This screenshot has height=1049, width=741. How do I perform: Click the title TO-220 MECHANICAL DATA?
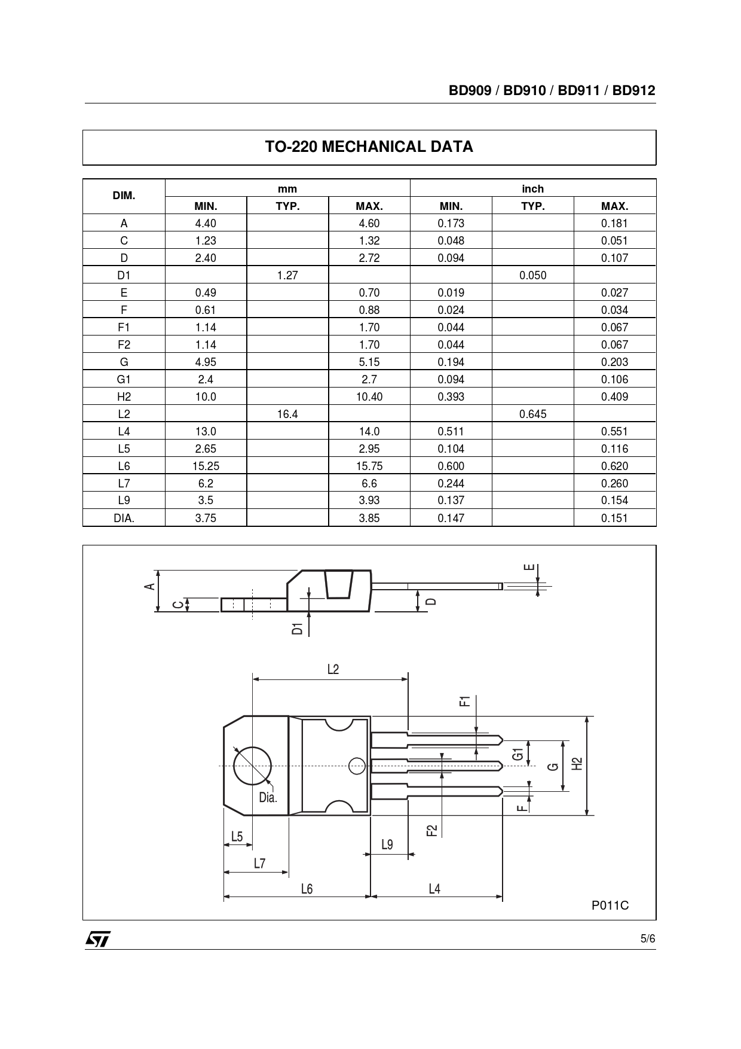pyautogui.click(x=369, y=147)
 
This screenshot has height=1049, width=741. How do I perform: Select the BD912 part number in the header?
pyautogui.click(x=633, y=91)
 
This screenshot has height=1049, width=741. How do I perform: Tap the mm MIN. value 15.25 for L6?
pyautogui.click(x=206, y=466)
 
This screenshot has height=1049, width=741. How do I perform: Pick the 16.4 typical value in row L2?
pyautogui.click(x=287, y=414)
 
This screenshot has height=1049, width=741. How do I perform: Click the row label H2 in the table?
pyautogui.click(x=124, y=397)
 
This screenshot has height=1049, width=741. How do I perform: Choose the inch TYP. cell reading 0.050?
pyautogui.click(x=532, y=275)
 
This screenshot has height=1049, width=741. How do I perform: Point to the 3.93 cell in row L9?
pyautogui.click(x=369, y=501)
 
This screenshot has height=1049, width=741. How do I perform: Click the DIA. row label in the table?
pyautogui.click(x=124, y=518)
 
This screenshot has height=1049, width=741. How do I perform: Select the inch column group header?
pyautogui.click(x=532, y=189)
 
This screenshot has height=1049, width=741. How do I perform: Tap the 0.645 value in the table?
pyautogui.click(x=532, y=414)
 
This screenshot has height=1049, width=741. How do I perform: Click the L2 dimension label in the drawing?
pyautogui.click(x=333, y=669)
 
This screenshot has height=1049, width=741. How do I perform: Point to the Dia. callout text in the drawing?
pyautogui.click(x=268, y=797)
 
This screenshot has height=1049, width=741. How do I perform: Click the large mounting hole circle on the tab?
pyautogui.click(x=252, y=766)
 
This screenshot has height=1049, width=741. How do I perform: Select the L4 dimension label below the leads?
pyautogui.click(x=434, y=889)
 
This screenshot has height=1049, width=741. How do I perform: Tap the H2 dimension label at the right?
pyautogui.click(x=577, y=764)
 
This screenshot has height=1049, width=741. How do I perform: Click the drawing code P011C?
pyautogui.click(x=610, y=905)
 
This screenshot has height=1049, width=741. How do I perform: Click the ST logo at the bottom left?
pyautogui.click(x=97, y=940)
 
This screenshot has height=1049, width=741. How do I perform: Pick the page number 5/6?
pyautogui.click(x=648, y=939)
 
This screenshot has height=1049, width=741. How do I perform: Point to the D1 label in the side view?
pyautogui.click(x=298, y=628)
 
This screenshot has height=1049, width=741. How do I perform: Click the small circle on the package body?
pyautogui.click(x=357, y=766)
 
